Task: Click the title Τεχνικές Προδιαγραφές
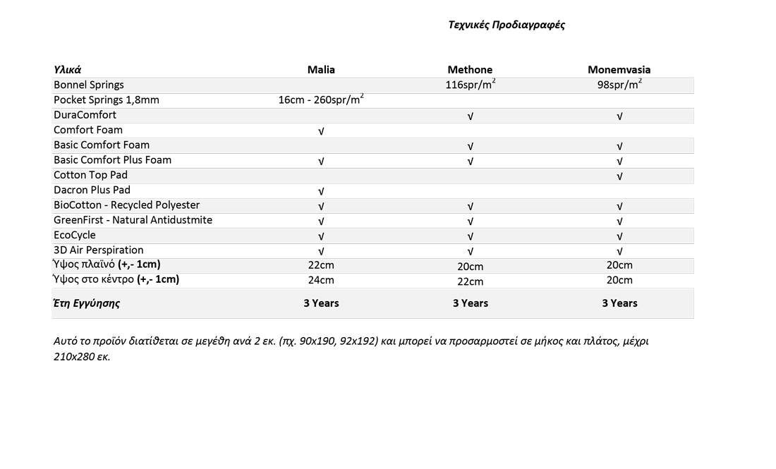pos(507,25)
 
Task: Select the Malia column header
pos(321,70)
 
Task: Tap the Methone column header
pos(470,70)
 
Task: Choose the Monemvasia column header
pos(619,70)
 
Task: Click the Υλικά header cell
pos(68,70)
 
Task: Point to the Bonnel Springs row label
pos(89,85)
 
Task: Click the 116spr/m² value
pos(470,85)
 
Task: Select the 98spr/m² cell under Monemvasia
pos(619,85)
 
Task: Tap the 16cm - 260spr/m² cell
pos(321,100)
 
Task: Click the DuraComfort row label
pos(85,115)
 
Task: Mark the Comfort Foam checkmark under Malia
pos(321,131)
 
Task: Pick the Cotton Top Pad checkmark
pos(619,176)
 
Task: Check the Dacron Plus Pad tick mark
pos(321,191)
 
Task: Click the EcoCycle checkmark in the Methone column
pos(470,236)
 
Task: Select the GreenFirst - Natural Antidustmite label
pos(133,220)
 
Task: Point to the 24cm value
pos(321,280)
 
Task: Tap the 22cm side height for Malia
pos(321,265)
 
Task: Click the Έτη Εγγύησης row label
pos(87,303)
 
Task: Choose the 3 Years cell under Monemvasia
pos(619,303)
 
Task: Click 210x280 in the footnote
pos(73,356)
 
